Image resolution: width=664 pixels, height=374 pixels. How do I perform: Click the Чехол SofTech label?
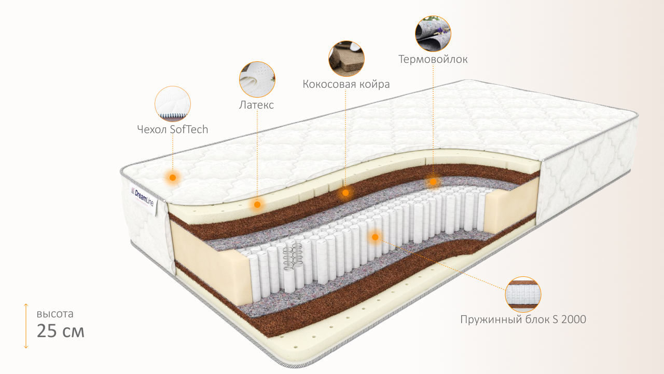173,129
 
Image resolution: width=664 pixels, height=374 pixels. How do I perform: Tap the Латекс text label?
256,105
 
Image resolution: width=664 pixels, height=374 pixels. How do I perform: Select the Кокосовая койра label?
346,84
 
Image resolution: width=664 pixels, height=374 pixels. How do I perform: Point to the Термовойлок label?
433,59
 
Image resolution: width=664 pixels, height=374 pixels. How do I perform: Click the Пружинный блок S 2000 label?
523,319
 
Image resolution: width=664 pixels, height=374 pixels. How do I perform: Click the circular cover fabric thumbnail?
173,104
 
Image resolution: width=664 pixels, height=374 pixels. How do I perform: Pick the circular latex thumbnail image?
257,79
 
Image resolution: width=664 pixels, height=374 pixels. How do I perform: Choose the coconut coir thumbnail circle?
346,59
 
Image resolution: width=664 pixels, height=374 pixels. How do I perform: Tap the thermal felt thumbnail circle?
433,34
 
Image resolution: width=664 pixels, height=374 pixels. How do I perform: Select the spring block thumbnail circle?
523,294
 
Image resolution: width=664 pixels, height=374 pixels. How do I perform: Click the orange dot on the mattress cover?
173,178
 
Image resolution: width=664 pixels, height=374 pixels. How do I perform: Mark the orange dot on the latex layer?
257,205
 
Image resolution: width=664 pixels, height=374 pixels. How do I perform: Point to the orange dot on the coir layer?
345,193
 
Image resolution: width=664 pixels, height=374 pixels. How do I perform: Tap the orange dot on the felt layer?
433,182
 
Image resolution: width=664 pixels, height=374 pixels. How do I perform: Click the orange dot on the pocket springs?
375,237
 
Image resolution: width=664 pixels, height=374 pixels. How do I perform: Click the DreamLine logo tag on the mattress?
143,197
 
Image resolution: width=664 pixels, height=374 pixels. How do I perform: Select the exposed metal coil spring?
292,257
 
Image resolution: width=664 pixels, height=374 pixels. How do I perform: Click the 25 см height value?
61,331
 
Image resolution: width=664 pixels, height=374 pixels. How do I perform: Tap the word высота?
55,314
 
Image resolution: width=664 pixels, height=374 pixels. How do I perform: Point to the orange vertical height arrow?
26,326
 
